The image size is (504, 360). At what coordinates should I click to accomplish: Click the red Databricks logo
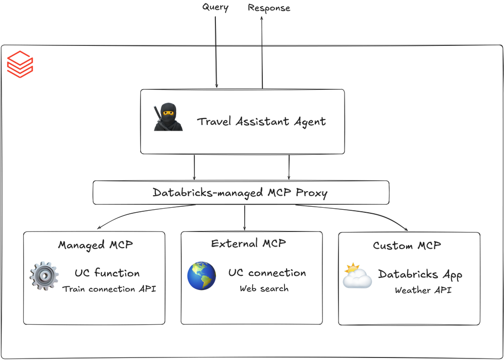click(20, 65)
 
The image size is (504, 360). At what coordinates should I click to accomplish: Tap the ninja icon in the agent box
click(168, 117)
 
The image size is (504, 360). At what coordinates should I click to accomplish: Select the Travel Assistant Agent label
click(261, 122)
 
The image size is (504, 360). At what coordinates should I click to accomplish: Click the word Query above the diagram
click(215, 7)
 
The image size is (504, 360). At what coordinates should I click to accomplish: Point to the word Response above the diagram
click(269, 8)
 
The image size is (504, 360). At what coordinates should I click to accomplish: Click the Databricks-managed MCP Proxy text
click(240, 193)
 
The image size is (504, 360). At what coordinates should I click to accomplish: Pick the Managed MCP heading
click(95, 245)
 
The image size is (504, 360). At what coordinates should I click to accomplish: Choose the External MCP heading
click(249, 244)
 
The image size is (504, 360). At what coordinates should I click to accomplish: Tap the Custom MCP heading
click(407, 246)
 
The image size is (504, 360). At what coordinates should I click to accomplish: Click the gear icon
click(44, 276)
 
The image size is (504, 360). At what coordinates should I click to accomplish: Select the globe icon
click(202, 276)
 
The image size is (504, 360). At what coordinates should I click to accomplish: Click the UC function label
click(107, 273)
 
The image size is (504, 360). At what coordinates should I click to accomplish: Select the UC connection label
click(267, 273)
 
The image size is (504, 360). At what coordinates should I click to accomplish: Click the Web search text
click(264, 288)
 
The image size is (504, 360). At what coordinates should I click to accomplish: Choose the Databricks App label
click(420, 274)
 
